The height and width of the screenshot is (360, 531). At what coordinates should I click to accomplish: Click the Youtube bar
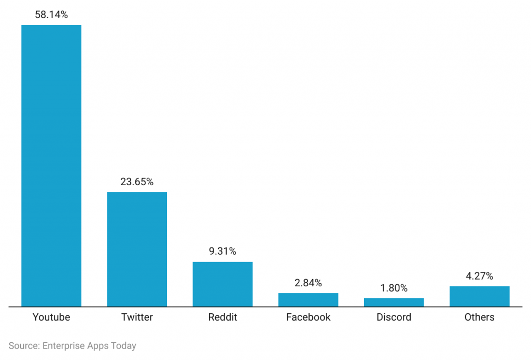pyautogui.click(x=51, y=165)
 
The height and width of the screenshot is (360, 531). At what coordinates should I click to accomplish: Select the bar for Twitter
pyautogui.click(x=137, y=249)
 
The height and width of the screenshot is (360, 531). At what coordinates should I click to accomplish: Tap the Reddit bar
pyautogui.click(x=222, y=284)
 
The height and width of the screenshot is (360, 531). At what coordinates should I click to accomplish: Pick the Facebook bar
pyautogui.click(x=308, y=300)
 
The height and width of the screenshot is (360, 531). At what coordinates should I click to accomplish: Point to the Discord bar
pyautogui.click(x=394, y=302)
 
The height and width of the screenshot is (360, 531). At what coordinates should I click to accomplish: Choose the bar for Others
pyautogui.click(x=479, y=296)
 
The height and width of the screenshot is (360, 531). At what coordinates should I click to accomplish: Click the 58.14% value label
pyautogui.click(x=51, y=15)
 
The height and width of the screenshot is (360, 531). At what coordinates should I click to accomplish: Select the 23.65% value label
pyautogui.click(x=137, y=182)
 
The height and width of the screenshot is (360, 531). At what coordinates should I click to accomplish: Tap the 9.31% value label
pyautogui.click(x=222, y=252)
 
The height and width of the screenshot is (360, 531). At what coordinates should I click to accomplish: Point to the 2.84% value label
pyautogui.click(x=308, y=283)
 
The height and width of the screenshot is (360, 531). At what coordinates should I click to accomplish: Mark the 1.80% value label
pyautogui.click(x=394, y=288)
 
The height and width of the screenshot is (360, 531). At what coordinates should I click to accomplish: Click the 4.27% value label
pyautogui.click(x=479, y=276)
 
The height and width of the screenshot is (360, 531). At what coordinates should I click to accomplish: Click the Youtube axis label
pyautogui.click(x=51, y=317)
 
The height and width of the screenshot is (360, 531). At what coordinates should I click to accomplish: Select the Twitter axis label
pyautogui.click(x=137, y=317)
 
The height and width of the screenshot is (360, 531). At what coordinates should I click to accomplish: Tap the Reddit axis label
pyautogui.click(x=222, y=317)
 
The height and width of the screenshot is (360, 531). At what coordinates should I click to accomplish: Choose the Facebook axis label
pyautogui.click(x=308, y=317)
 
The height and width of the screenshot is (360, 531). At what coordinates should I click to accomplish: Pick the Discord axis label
pyautogui.click(x=394, y=317)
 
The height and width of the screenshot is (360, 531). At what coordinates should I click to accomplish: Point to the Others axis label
pyautogui.click(x=479, y=317)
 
